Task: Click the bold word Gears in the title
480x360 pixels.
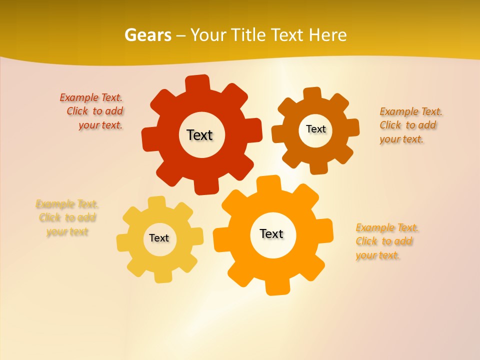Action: pos(147,35)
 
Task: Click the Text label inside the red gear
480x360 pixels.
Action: pos(199,135)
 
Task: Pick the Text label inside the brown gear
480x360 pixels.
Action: pos(315,129)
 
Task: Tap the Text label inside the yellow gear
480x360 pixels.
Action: pos(159,238)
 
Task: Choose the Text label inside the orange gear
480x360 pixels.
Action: pos(271,233)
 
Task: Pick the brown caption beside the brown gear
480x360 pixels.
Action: pos(410,125)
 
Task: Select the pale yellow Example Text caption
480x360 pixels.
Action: pos(67,217)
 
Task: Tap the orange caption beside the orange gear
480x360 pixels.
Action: pos(386,241)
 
